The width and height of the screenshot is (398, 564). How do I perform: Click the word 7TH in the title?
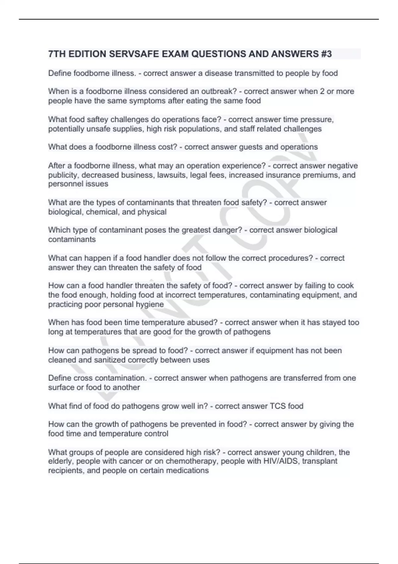(57, 54)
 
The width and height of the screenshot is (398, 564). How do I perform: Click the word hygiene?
(150, 305)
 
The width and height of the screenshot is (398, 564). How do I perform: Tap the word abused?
(201, 322)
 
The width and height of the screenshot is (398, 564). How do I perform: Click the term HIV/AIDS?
(281, 461)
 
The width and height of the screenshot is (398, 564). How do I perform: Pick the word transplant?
(320, 461)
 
